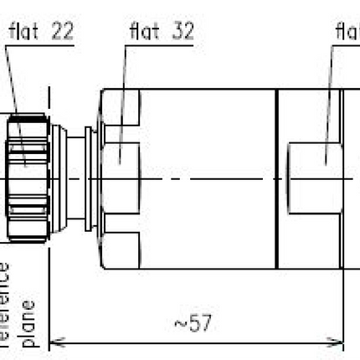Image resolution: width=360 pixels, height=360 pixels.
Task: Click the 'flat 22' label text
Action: point(41,32)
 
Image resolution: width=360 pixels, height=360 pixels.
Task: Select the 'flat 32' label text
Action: point(162,32)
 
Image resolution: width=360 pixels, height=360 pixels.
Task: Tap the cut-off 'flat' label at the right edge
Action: point(347,32)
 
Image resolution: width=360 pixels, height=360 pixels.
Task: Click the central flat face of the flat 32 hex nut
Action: point(120,156)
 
